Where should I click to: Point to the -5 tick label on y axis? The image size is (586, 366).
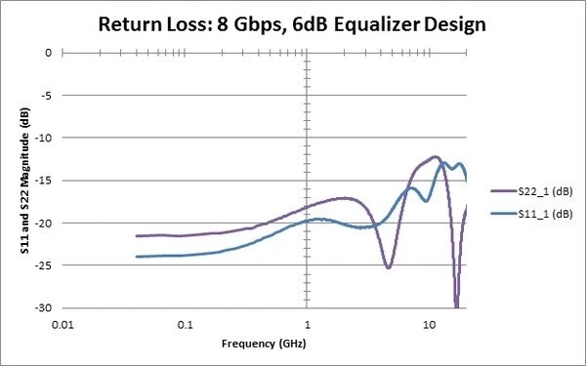(x=46, y=96)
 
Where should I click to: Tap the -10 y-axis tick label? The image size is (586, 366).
(x=44, y=138)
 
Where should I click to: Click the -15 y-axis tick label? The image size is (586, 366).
(x=44, y=181)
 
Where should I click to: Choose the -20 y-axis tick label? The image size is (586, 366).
(x=44, y=223)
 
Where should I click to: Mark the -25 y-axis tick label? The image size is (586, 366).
(x=44, y=264)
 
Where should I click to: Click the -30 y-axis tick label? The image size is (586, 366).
(x=44, y=307)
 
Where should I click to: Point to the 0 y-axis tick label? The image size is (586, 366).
(x=49, y=53)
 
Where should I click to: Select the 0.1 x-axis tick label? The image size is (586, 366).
(x=186, y=322)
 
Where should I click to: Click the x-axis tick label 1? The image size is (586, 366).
(x=308, y=322)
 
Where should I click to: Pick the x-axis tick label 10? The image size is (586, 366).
(x=429, y=322)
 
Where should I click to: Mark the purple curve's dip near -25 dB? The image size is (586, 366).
(x=388, y=266)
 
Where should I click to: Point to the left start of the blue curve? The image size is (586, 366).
(x=137, y=257)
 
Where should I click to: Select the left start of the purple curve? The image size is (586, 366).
(x=137, y=236)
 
